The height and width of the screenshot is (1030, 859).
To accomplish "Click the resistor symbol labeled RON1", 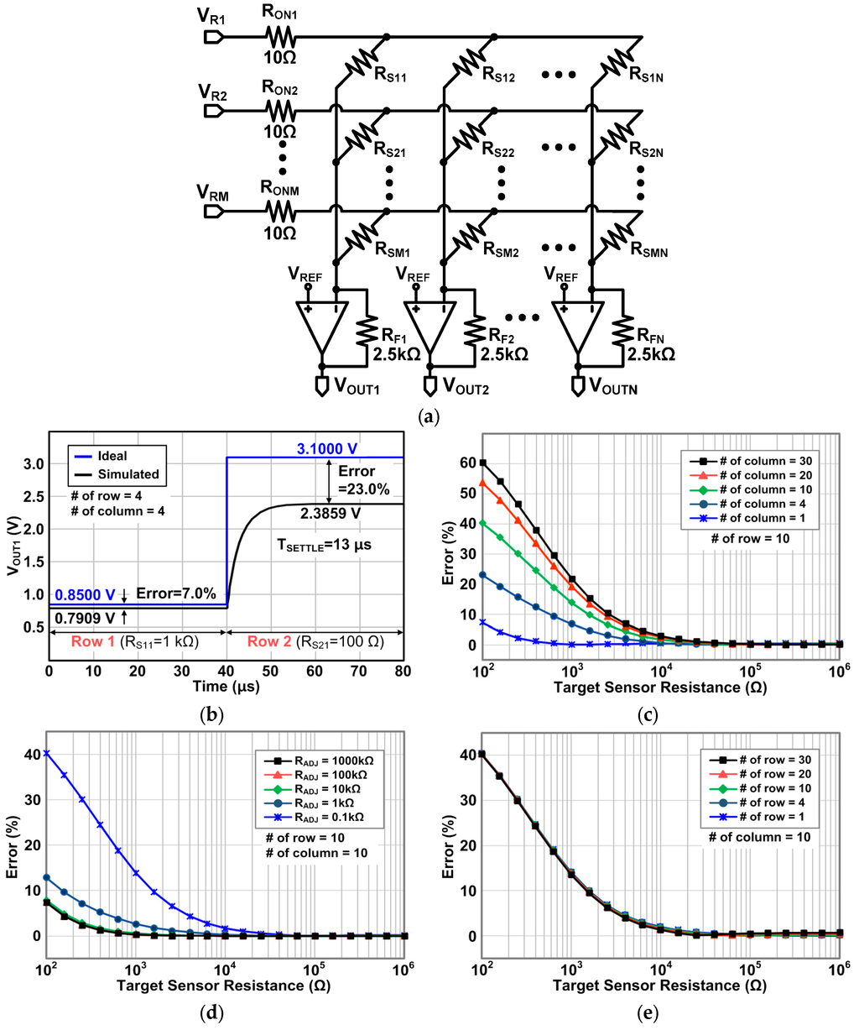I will pyautogui.click(x=279, y=37).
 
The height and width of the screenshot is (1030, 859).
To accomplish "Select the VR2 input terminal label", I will pyautogui.click(x=211, y=91).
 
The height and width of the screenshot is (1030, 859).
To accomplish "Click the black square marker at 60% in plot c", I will pyautogui.click(x=482, y=463).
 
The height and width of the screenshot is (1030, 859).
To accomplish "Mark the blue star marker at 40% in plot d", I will pyautogui.click(x=47, y=753).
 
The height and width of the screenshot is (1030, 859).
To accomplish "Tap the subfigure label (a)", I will pyautogui.click(x=429, y=414).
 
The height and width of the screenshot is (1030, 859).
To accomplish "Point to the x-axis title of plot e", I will pyautogui.click(x=660, y=984).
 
